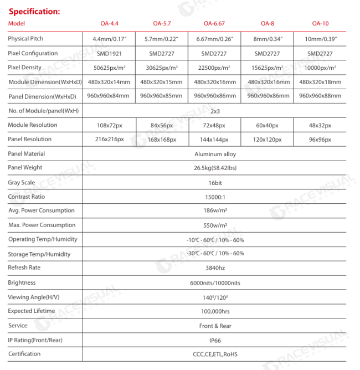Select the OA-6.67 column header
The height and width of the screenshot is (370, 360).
click(215, 24)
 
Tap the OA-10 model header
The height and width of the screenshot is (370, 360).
click(320, 24)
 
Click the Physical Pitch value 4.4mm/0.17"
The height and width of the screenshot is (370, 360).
click(109, 39)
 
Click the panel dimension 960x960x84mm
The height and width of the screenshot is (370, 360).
click(109, 96)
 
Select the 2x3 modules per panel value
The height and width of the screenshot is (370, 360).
click(215, 111)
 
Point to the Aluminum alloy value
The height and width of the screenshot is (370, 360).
click(215, 154)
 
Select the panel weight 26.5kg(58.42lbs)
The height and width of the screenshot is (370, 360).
click(215, 168)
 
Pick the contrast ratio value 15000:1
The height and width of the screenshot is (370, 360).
click(215, 197)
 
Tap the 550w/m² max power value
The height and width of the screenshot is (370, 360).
click(215, 225)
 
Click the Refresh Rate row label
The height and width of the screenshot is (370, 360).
click(24, 268)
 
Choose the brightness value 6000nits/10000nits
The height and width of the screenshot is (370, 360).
click(215, 283)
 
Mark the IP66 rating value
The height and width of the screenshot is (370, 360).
click(215, 340)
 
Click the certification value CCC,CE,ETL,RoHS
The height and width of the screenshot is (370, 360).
click(215, 354)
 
